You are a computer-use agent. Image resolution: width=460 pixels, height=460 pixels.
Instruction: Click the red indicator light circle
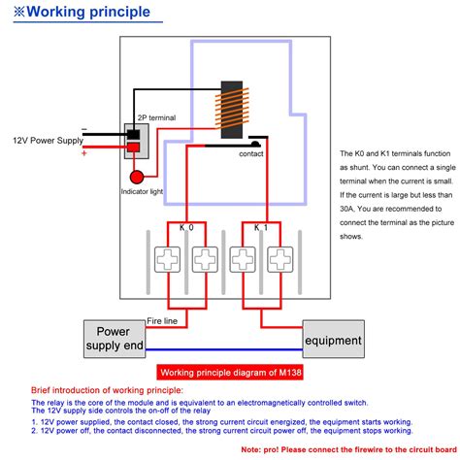137,178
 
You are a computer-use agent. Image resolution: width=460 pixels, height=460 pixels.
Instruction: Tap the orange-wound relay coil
232,110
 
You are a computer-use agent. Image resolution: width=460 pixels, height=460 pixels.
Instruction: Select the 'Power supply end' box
115,339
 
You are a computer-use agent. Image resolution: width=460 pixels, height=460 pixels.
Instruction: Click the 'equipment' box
334,339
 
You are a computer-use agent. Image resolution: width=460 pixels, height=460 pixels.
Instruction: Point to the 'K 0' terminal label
186,228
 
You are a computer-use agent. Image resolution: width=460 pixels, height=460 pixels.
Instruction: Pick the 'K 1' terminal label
261,228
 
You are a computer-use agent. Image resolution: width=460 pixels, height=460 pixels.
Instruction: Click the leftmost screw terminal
167,259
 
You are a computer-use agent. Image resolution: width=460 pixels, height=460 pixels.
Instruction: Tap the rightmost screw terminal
280,259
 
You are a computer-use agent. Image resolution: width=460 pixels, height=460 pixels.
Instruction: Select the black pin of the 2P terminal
133,134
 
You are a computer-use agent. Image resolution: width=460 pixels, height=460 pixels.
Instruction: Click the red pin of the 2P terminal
133,148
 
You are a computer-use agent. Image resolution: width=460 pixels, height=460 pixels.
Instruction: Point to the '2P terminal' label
157,117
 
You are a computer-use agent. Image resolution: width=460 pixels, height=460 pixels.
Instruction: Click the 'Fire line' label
162,321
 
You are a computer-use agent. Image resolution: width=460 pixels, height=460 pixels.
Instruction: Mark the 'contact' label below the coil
251,154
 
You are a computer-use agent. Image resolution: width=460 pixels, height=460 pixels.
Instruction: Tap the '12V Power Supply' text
49,141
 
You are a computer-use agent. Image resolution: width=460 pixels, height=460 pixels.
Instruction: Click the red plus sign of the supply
84,153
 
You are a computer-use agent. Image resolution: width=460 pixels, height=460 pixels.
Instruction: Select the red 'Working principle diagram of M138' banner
230,373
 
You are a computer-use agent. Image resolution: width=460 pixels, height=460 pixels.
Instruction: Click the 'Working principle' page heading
82,12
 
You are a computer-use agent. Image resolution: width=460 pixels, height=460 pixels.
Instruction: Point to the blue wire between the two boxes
224,349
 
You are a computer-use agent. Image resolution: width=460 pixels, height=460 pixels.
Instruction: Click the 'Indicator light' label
142,191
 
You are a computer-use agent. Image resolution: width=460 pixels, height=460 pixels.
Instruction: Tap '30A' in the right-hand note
346,209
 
